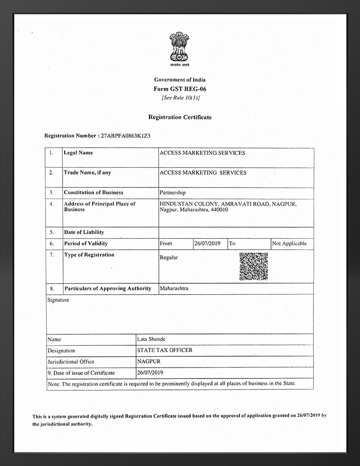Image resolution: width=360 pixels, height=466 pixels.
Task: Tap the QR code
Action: point(253,266)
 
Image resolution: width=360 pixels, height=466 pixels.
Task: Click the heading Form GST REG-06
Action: point(180,89)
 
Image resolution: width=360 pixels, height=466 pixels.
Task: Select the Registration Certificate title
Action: point(180,117)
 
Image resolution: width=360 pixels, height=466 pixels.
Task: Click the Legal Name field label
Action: point(78,153)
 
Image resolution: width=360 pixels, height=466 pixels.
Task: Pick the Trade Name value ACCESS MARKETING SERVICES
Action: point(203,172)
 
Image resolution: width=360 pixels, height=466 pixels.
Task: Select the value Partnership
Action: point(173,193)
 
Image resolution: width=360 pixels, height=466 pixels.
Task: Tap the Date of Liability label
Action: point(84,232)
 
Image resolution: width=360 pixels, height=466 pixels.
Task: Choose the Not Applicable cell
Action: point(289,243)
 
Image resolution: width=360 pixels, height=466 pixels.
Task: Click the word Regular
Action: point(169,257)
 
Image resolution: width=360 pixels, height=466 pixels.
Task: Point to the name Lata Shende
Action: point(151,339)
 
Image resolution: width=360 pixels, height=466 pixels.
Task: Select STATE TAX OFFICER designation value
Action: point(164,350)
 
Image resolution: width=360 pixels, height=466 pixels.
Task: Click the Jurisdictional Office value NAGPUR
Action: point(148,361)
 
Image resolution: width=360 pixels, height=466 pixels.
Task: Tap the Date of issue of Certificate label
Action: point(81,373)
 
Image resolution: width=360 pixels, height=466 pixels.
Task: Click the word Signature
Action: point(58,300)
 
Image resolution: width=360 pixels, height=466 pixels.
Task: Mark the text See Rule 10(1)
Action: point(180,97)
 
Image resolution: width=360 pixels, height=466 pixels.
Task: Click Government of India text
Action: point(180,80)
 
